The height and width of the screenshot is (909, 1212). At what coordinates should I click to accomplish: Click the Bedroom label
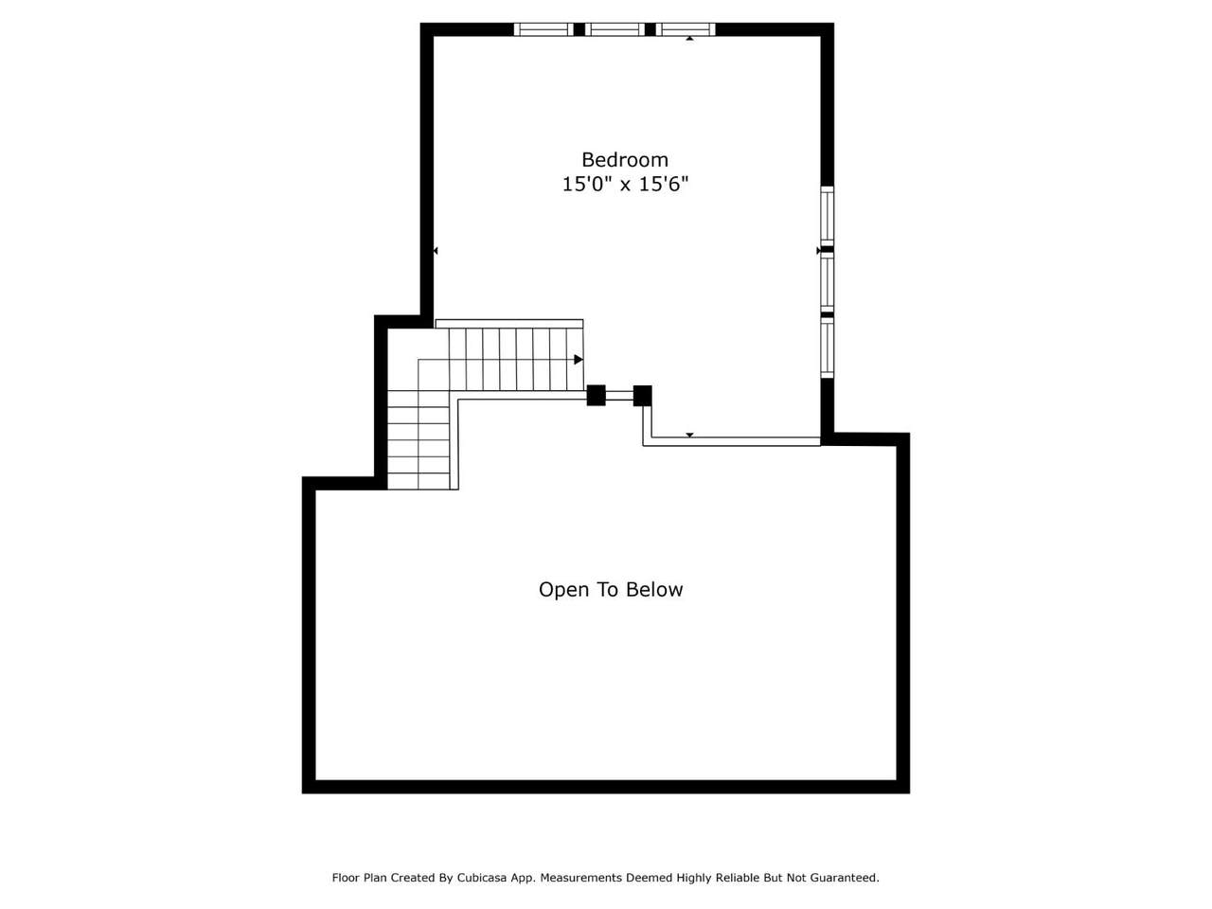point(625,159)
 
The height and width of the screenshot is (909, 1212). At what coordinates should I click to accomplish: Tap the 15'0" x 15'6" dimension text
point(625,184)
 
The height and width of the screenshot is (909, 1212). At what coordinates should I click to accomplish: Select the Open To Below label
point(610,590)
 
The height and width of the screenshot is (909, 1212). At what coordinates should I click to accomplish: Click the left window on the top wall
point(544,29)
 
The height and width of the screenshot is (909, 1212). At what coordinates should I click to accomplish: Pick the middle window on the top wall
point(615,29)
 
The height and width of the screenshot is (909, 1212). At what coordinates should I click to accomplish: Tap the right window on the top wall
point(686,29)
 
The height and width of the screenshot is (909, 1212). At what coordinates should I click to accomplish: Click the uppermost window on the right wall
point(827,216)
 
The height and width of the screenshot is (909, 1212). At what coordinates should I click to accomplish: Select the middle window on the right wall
point(827,282)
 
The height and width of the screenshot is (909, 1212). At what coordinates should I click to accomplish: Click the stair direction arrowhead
point(579,360)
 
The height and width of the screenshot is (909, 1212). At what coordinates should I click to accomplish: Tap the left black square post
point(596,395)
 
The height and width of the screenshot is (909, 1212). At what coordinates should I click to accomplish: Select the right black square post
point(642,396)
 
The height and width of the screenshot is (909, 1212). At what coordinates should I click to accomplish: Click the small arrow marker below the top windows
point(689,39)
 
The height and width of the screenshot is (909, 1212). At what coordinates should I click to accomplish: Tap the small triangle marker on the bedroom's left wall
point(436,251)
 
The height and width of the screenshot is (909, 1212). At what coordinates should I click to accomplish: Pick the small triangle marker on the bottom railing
point(689,435)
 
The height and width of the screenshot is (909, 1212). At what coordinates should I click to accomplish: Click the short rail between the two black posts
point(619,396)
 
